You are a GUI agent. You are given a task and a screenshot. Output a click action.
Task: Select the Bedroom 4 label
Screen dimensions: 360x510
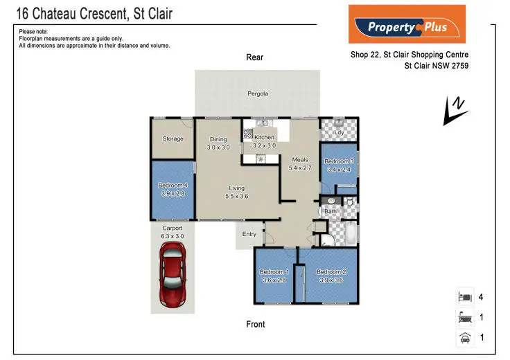(173, 185)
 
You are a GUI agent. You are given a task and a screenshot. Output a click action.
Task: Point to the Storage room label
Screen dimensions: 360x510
(173, 138)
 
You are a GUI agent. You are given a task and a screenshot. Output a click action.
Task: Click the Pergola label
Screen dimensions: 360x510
(258, 93)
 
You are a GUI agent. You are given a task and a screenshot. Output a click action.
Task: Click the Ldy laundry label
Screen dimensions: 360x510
(339, 132)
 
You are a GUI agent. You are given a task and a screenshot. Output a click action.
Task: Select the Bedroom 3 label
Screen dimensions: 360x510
(339, 161)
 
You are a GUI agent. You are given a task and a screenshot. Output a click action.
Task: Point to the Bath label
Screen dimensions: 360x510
(331, 211)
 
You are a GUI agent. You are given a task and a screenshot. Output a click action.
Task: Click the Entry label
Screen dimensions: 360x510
(249, 234)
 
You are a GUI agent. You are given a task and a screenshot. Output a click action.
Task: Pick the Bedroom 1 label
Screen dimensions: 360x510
(274, 272)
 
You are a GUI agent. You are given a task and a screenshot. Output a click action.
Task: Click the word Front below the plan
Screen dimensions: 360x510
(255, 323)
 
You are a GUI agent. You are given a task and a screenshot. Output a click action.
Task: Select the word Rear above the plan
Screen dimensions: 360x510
(255, 57)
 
